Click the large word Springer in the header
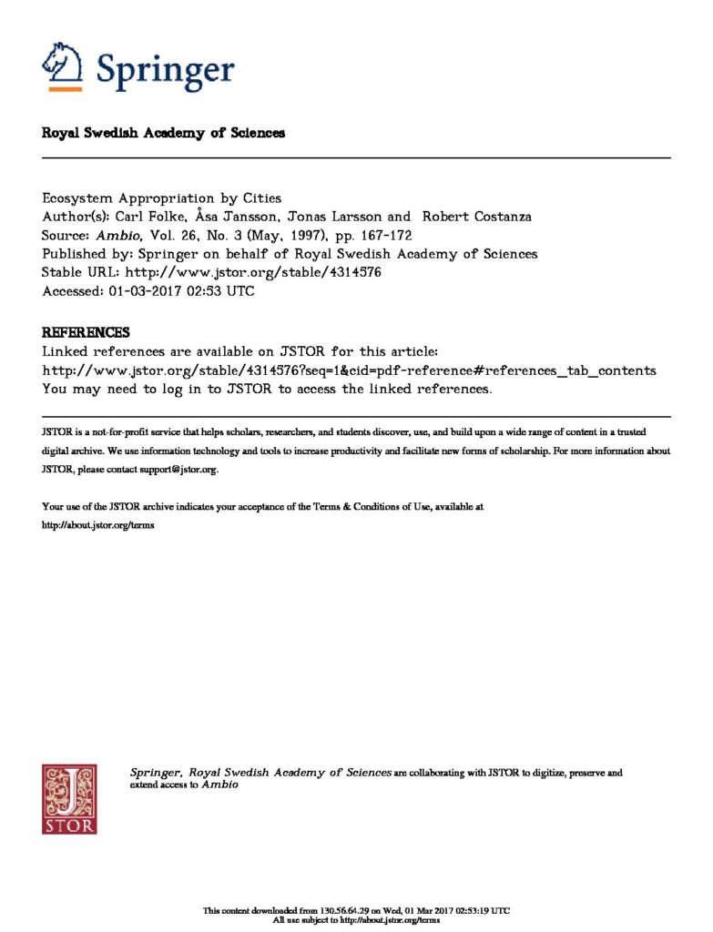coord(165,70)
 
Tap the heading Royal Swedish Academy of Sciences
coord(164,133)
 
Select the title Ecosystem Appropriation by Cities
coord(162,198)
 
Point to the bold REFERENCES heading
coord(86,332)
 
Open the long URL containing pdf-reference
coord(349,370)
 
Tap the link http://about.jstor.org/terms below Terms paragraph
coord(91,526)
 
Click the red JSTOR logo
coord(69,798)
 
